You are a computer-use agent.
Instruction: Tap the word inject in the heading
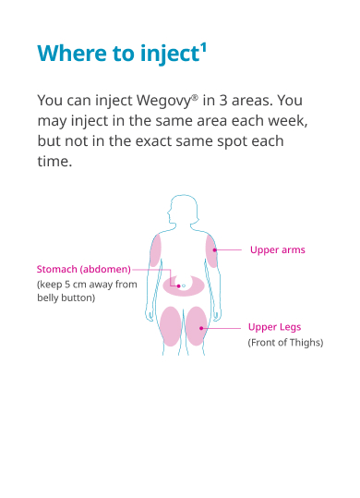click(167, 54)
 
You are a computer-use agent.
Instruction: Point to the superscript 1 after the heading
click(201, 46)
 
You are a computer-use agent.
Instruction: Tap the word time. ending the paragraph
click(54, 162)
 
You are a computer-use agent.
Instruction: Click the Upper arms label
click(277, 250)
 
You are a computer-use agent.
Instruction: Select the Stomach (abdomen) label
click(83, 269)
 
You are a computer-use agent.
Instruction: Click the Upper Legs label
click(274, 327)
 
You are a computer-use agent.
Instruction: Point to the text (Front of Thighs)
click(285, 343)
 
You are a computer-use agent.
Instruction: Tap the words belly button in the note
click(66, 298)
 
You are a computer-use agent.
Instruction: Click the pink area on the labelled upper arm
click(211, 250)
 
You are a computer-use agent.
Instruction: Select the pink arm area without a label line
click(156, 250)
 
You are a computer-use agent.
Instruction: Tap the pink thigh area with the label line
click(197, 326)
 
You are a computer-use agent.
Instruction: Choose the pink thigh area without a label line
click(170, 326)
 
